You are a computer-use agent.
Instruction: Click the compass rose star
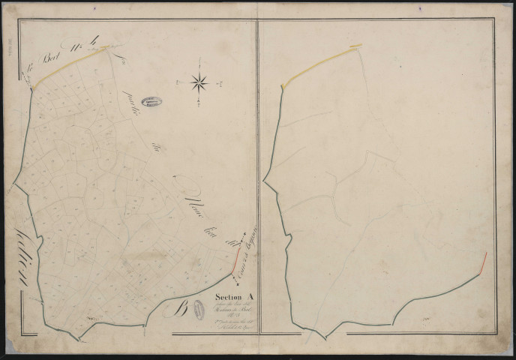point(200,82)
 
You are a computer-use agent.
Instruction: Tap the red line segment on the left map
point(235,260)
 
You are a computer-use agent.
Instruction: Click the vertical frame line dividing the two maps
point(258,180)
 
